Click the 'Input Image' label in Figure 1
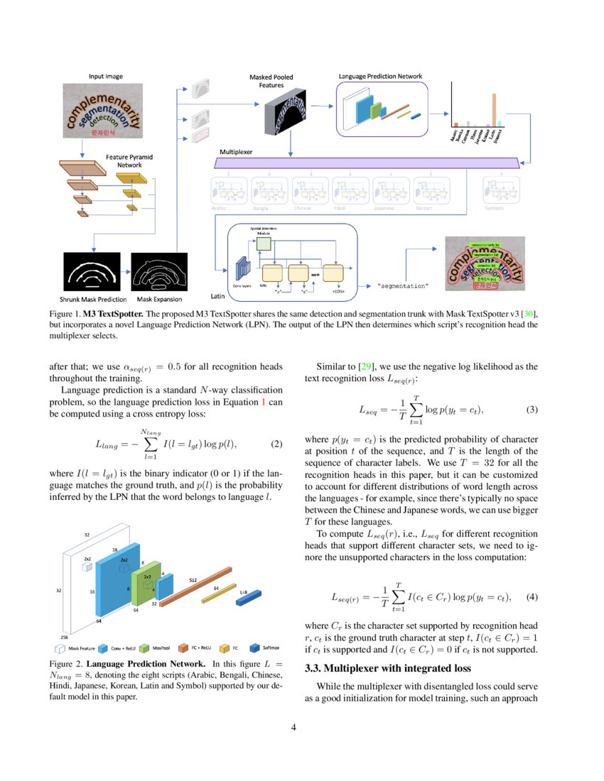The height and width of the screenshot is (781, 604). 106,76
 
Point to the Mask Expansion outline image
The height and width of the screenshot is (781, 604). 158,273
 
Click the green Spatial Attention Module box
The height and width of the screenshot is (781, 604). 264,244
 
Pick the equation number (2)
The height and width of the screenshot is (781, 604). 278,444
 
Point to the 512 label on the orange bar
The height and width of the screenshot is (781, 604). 193,580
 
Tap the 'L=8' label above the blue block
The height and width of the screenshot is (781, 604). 242,591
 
